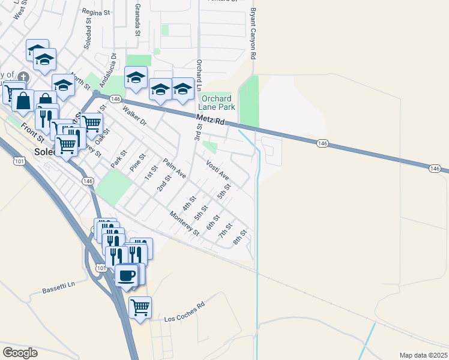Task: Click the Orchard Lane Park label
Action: (216, 103)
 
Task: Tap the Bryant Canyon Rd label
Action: (253, 34)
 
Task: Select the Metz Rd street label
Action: (210, 122)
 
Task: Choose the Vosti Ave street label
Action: (217, 170)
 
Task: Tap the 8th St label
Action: (240, 236)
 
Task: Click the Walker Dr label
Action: (134, 116)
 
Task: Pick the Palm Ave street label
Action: (174, 169)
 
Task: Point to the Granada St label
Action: (137, 18)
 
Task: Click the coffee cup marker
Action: (126, 276)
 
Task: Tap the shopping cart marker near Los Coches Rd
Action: (140, 307)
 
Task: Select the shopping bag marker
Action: (23, 101)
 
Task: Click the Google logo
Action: (20, 353)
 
